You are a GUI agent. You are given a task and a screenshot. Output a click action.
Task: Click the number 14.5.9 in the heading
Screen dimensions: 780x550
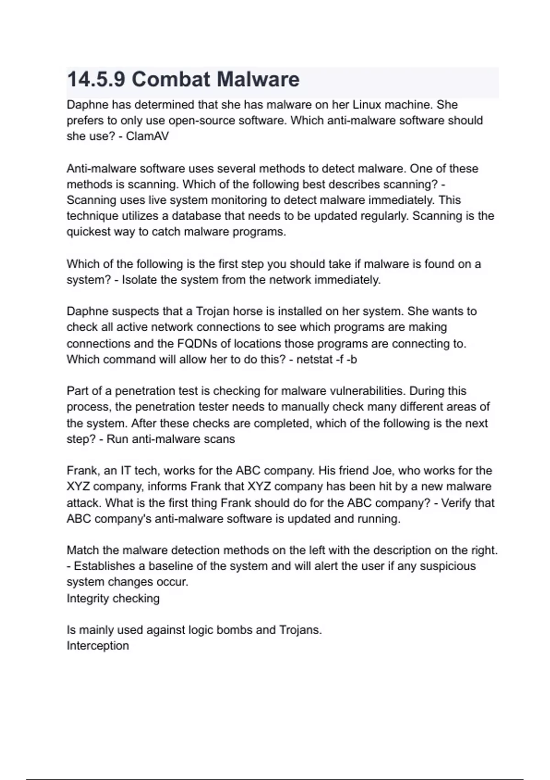coord(96,80)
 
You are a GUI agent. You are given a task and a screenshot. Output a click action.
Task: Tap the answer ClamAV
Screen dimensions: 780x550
coord(147,136)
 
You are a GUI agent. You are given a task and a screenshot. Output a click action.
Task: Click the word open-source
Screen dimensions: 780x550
coord(198,121)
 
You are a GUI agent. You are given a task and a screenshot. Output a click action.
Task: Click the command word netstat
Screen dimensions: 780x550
coord(314,359)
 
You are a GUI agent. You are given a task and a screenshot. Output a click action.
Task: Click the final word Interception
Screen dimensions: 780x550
coord(98,646)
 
